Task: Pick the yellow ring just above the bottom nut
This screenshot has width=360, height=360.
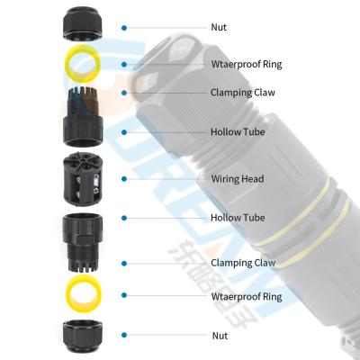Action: tap(85, 294)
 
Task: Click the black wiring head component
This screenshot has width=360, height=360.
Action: tap(85, 179)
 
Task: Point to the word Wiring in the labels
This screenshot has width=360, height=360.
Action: tap(224, 179)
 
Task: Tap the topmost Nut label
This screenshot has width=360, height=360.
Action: tap(219, 28)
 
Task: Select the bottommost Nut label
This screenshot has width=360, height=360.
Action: tap(219, 334)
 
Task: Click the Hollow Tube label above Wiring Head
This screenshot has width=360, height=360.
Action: tap(237, 132)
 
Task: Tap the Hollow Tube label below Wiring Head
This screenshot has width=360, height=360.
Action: tap(237, 217)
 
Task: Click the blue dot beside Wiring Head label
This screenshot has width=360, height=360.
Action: tap(124, 178)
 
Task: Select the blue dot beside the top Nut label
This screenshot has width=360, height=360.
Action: tap(124, 28)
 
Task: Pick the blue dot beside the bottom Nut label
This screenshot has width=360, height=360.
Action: tap(124, 334)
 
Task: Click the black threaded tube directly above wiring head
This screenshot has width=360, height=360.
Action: tap(85, 117)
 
